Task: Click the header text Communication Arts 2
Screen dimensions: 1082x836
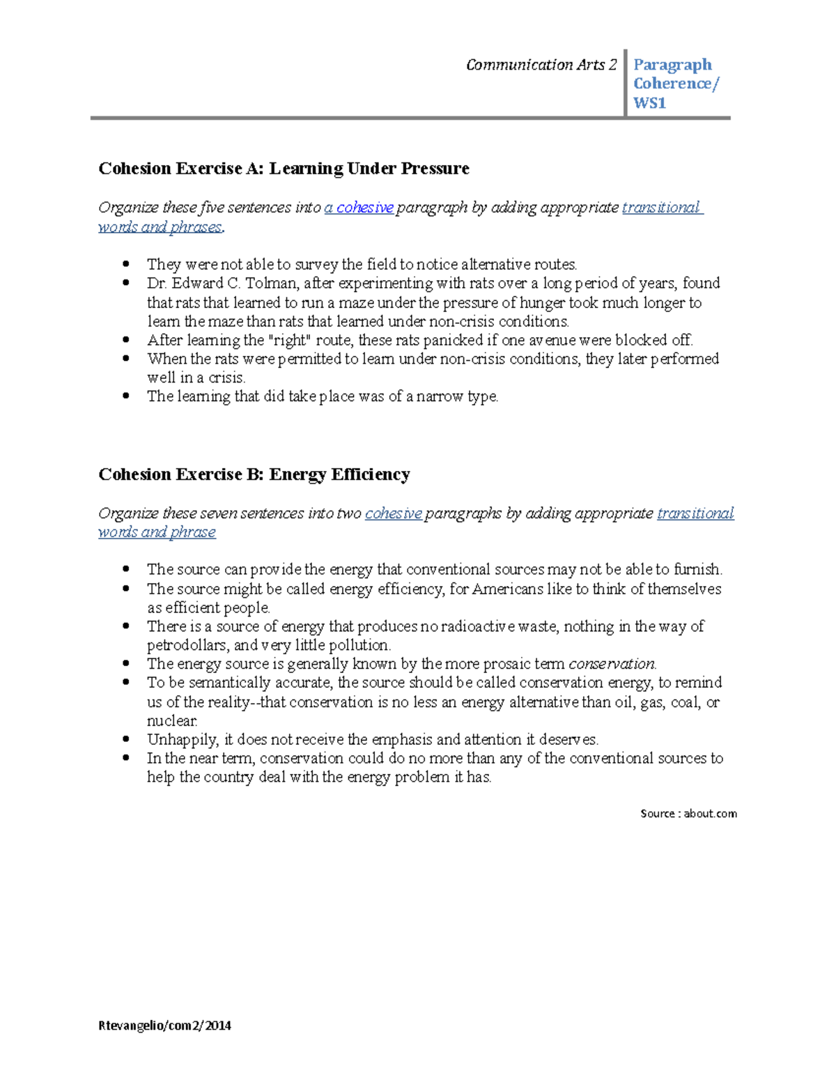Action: click(541, 65)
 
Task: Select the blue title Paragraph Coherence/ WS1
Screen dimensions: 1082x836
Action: click(674, 84)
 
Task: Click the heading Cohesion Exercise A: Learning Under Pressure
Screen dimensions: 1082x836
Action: click(284, 169)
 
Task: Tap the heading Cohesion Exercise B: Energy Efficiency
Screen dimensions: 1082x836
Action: click(254, 474)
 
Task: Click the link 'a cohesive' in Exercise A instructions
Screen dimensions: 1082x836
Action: click(359, 208)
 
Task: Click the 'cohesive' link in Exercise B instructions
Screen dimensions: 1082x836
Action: click(393, 513)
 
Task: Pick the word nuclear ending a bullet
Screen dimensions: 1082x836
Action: click(172, 720)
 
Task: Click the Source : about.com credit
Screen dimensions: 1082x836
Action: click(688, 813)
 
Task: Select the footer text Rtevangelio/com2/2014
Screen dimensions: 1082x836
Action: click(164, 1025)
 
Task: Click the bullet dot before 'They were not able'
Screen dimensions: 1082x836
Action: click(126, 264)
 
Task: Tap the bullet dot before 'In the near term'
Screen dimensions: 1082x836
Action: click(126, 758)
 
